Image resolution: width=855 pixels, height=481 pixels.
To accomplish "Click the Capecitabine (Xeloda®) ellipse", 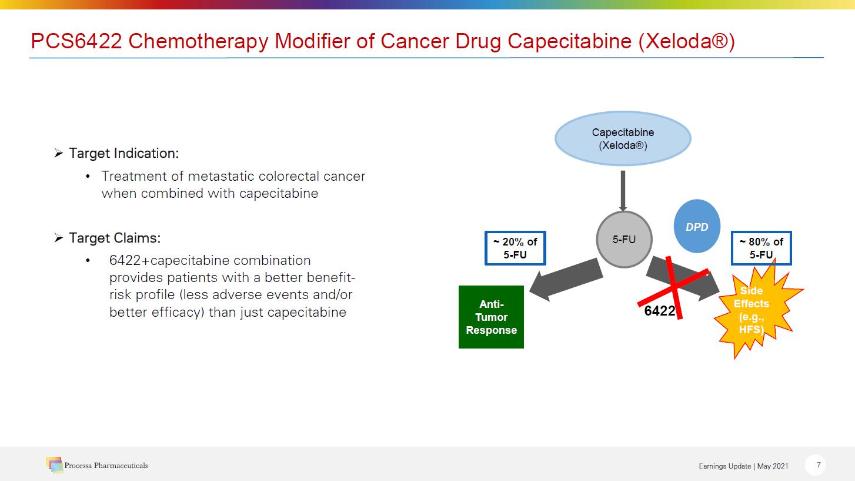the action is point(623,138).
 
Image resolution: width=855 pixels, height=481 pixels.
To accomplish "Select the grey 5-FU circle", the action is point(624,240).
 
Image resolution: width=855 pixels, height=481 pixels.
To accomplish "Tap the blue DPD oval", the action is point(697,226).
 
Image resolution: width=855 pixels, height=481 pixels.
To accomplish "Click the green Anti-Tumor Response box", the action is point(491,317).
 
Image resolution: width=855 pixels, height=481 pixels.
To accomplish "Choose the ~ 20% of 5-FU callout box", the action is point(515,248).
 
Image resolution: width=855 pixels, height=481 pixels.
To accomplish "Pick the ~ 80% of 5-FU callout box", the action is point(762,248).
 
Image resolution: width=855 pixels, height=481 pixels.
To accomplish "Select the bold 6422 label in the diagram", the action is point(660,311).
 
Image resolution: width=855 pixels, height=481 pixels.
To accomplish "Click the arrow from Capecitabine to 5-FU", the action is point(623,191).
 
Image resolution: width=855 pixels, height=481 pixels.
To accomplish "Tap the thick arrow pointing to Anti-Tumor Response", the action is point(566,279).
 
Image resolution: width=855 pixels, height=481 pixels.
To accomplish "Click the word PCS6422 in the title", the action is point(76,41).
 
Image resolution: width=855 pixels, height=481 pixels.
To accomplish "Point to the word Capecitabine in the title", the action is point(569,41).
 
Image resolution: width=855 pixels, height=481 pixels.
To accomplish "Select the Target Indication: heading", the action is point(123,153).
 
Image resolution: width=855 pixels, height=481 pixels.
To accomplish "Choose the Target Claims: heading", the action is point(115,238).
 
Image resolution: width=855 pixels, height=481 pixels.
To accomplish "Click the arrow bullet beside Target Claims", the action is point(58,238).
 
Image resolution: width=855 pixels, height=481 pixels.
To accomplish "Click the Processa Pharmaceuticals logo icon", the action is point(54,465).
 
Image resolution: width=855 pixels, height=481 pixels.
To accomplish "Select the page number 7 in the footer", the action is point(819,465).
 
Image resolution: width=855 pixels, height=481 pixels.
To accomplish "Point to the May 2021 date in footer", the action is point(773,466).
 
